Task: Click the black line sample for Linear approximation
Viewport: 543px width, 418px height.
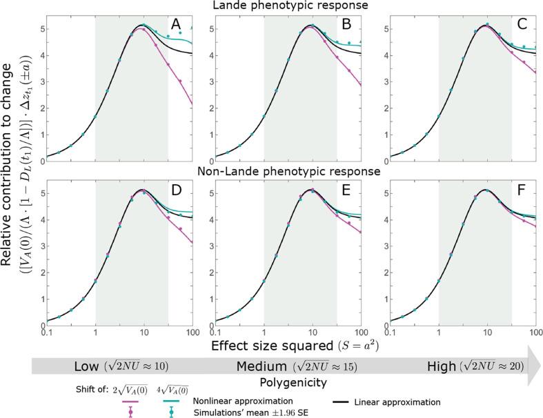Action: point(351,400)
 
